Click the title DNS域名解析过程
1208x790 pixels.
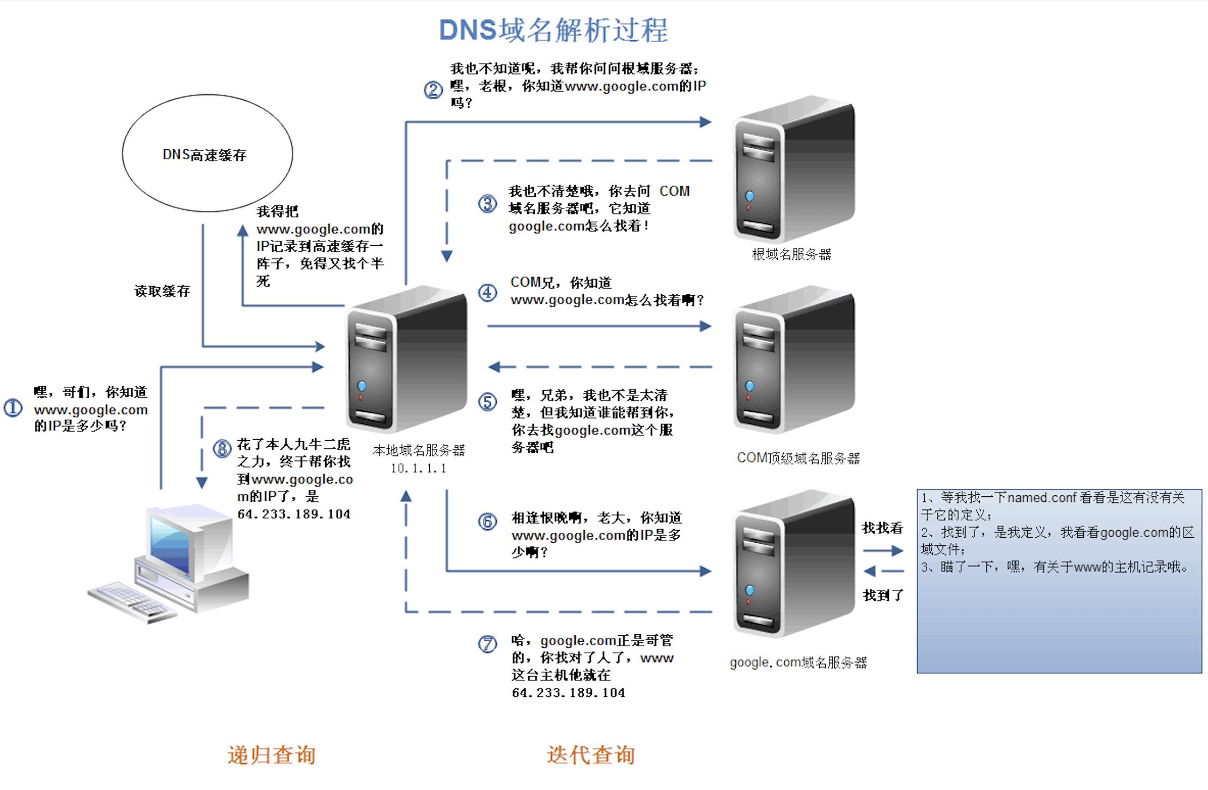(553, 30)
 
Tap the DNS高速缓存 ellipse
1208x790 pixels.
(207, 153)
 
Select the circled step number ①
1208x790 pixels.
(13, 408)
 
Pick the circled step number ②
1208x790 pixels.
(434, 89)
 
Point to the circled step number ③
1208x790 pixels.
(487, 204)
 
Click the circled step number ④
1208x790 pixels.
(487, 293)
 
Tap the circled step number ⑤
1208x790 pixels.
(487, 402)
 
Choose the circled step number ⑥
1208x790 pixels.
(487, 521)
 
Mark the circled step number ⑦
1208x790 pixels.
(487, 644)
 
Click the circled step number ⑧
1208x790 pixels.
(222, 449)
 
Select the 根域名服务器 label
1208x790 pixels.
(791, 254)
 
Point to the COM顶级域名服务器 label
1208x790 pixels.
(798, 458)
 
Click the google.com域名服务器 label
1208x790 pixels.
(798, 663)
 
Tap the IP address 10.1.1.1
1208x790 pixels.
(418, 468)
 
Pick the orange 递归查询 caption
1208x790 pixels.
(271, 755)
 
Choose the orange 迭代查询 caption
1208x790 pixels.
(591, 755)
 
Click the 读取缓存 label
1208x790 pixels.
(162, 291)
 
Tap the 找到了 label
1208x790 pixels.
(883, 595)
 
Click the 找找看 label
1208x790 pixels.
(882, 527)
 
